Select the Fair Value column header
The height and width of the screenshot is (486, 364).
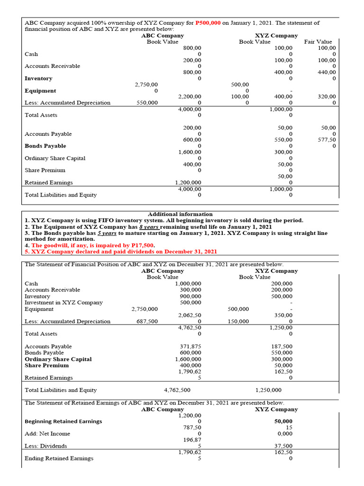pyautogui.click(x=318, y=42)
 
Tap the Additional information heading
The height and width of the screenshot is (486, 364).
pyautogui.click(x=180, y=214)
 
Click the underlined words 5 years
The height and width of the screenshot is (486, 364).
pyautogui.click(x=107, y=233)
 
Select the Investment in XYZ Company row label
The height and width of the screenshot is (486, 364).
pyautogui.click(x=64, y=302)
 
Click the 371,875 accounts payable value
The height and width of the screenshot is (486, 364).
pyautogui.click(x=191, y=346)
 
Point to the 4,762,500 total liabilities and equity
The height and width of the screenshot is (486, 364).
pyautogui.click(x=177, y=390)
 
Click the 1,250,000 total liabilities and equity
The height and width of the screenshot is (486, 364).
pyautogui.click(x=268, y=390)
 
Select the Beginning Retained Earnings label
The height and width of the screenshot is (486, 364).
pyautogui.click(x=63, y=421)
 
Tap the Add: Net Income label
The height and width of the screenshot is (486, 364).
pyautogui.click(x=47, y=433)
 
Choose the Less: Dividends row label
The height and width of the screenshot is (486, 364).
pyautogui.click(x=46, y=446)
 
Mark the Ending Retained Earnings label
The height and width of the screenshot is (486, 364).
pyautogui.click(x=59, y=458)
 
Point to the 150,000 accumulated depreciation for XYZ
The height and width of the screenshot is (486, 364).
pyautogui.click(x=238, y=321)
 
